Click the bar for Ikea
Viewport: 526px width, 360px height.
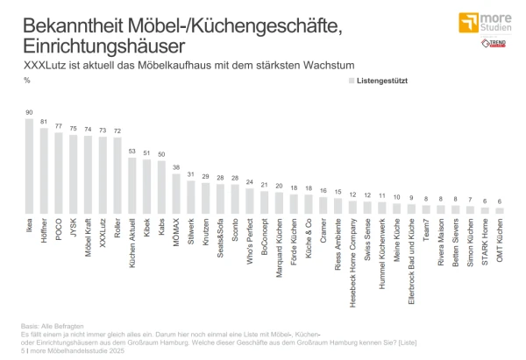29,166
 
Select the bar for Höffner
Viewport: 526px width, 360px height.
44,171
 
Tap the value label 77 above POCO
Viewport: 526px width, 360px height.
59,126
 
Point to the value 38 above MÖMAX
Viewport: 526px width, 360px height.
176,166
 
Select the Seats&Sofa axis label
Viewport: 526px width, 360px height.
220,241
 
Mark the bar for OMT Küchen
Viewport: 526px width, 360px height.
499,211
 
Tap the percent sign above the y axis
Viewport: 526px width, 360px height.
28,81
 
